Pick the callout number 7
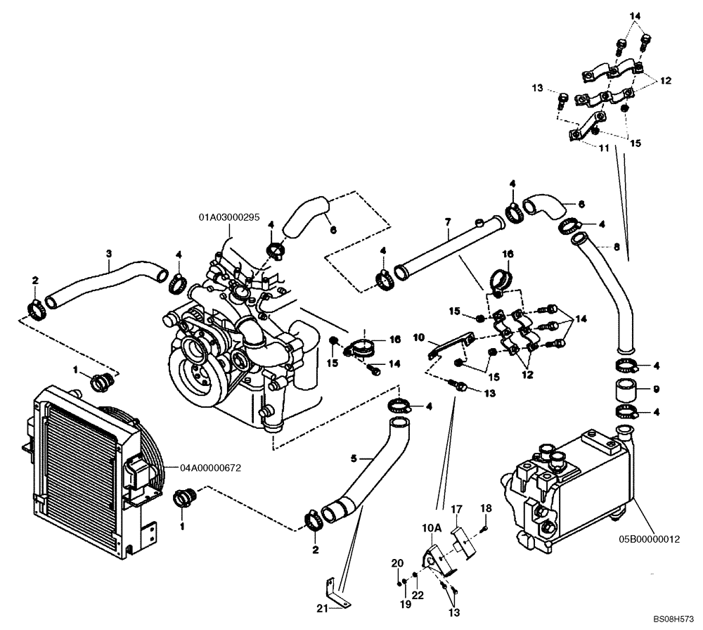447,222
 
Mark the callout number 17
456,508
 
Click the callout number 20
397,563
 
